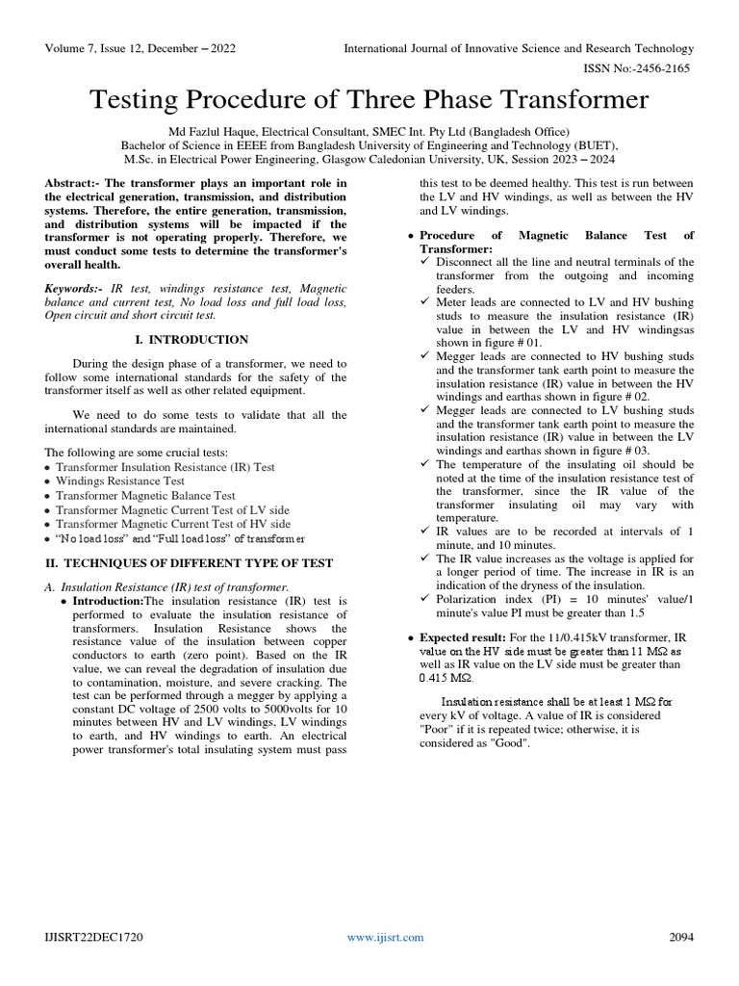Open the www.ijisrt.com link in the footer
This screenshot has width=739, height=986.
click(372, 936)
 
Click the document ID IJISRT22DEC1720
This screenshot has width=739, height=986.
click(91, 936)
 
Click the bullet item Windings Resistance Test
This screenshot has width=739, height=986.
click(120, 481)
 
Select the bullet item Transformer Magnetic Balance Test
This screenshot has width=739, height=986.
click(145, 496)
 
